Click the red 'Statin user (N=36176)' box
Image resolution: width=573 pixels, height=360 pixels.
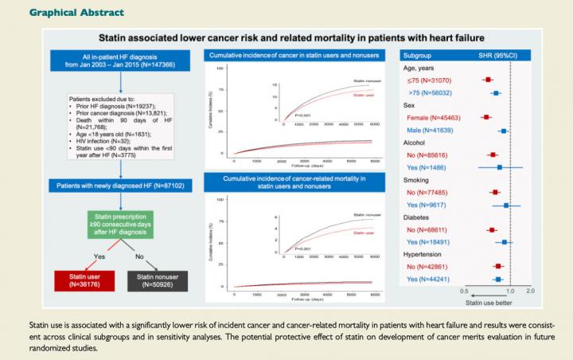pos(80,279)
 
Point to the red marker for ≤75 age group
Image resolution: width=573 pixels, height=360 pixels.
pos(488,80)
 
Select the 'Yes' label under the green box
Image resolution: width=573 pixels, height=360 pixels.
pos(99,256)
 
